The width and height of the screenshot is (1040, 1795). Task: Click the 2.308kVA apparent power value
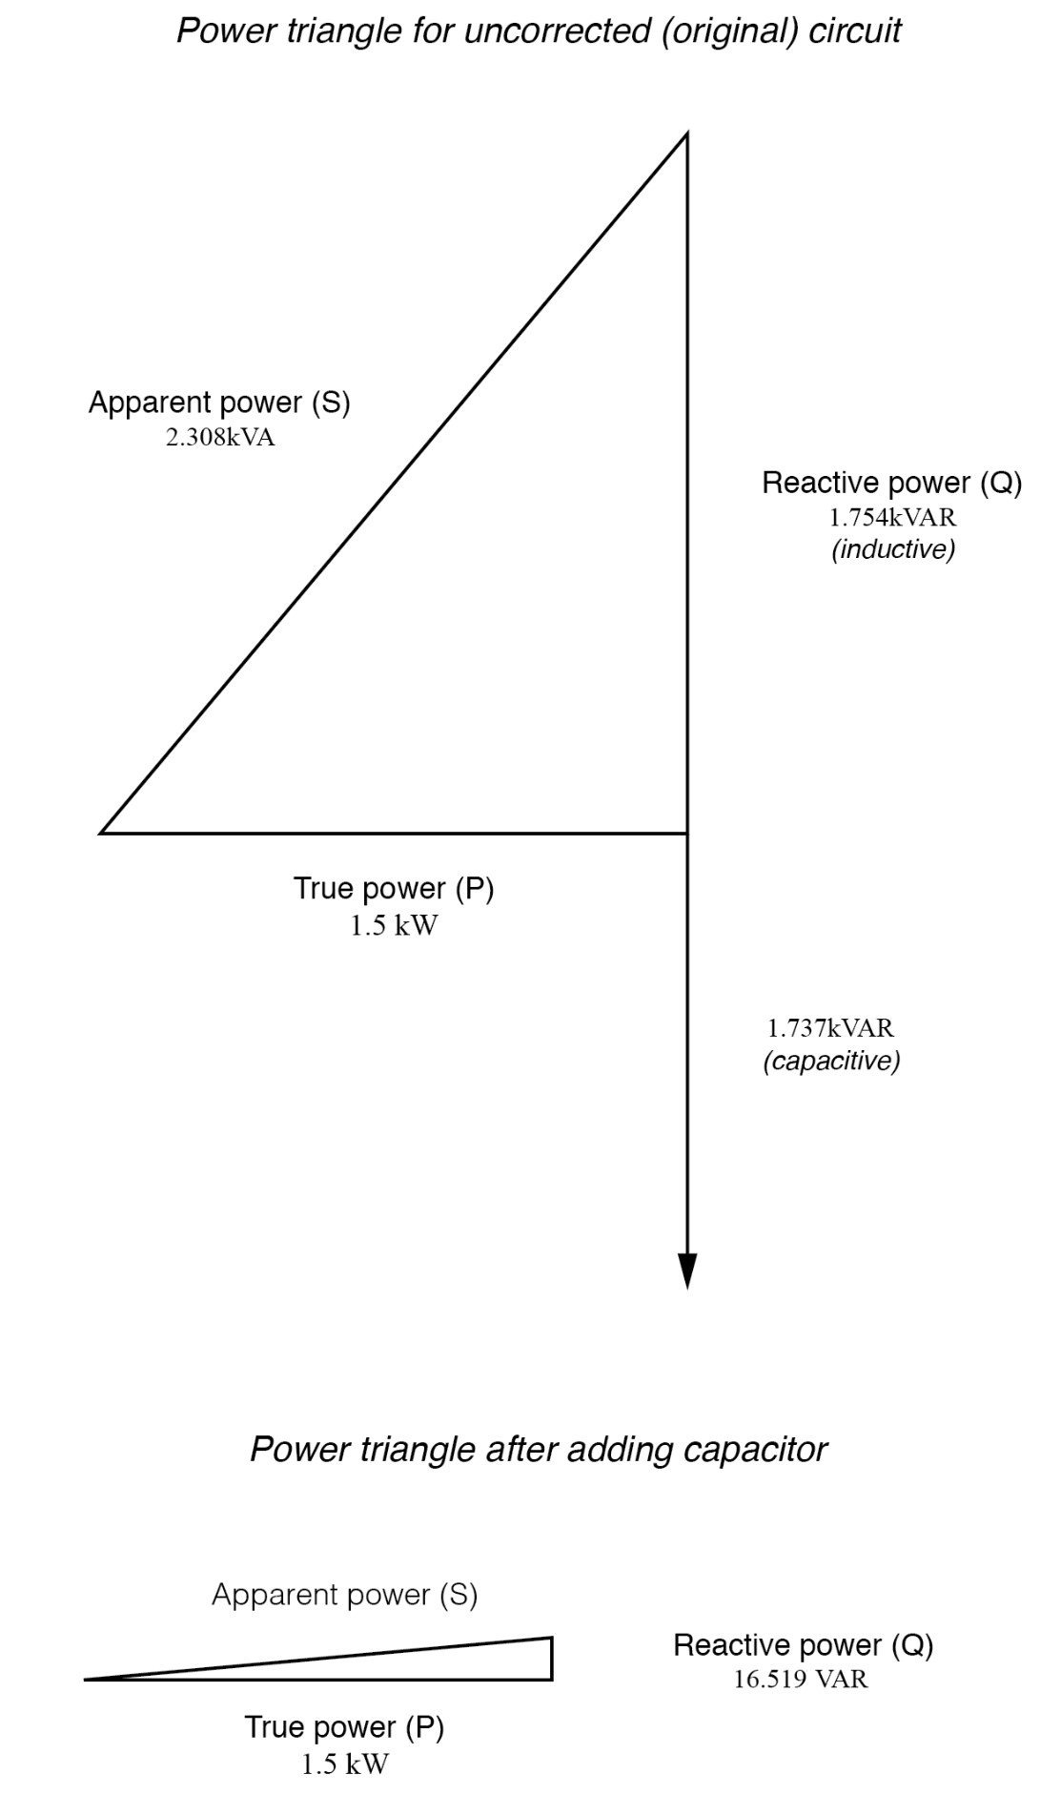point(220,439)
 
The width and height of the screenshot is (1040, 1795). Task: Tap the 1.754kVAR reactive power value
point(892,518)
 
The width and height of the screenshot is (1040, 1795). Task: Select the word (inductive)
point(893,549)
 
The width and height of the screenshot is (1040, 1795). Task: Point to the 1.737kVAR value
point(830,1028)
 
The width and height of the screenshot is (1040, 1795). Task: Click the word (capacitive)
point(831,1061)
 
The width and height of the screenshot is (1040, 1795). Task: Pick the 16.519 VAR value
point(801,1679)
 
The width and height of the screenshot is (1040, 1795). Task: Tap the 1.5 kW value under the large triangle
point(394,925)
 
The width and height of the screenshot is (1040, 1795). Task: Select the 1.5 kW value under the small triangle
point(345,1764)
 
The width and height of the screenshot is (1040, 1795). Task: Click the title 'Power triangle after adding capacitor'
point(539,1450)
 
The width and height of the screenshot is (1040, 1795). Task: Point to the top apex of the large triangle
point(686,135)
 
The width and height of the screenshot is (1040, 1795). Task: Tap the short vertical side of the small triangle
point(552,1659)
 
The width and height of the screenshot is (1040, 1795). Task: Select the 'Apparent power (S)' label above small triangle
point(344,1594)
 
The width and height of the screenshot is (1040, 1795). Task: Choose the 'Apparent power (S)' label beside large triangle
point(219,402)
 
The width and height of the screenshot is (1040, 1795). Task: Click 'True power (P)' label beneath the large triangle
point(394,889)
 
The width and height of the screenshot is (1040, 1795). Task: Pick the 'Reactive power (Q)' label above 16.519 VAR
point(804,1645)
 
